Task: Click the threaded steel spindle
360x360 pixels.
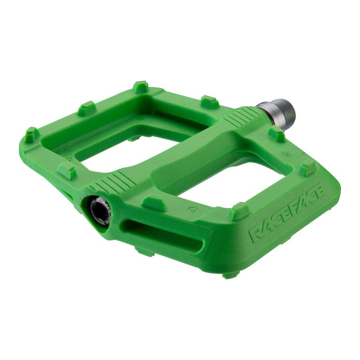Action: pos(276,110)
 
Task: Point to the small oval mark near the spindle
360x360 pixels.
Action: pos(285,153)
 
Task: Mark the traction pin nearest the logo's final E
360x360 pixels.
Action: pos(308,168)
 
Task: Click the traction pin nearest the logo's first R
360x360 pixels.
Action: pos(239,211)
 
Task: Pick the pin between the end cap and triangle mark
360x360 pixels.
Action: pos(153,202)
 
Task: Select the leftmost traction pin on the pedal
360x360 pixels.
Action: pos(31,135)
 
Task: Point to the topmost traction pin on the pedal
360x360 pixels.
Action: pos(141,86)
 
